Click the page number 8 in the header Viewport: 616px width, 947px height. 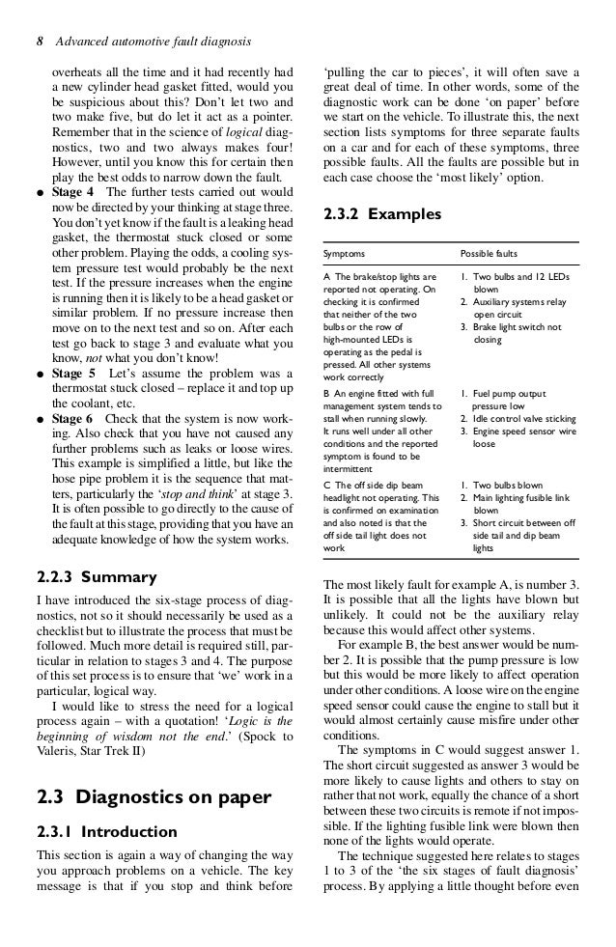(40, 42)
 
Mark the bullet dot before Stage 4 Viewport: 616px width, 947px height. (40, 191)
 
